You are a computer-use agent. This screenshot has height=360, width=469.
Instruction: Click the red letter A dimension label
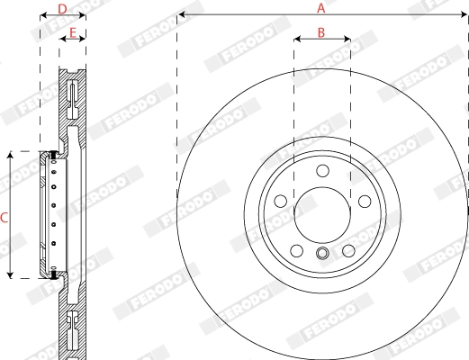(320, 7)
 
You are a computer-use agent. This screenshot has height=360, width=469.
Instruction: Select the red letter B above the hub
(321, 32)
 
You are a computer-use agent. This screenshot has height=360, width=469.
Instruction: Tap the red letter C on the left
(5, 217)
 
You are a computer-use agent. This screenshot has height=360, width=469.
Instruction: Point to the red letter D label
(62, 9)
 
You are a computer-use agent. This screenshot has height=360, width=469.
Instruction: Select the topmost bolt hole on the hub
(321, 173)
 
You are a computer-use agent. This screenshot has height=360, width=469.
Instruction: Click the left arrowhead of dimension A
(181, 15)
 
